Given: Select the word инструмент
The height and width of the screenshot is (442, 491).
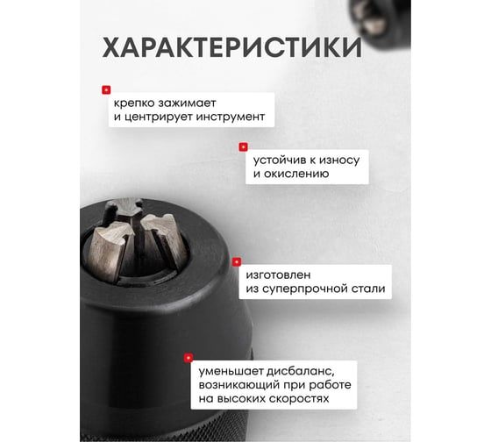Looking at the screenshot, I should (232, 117).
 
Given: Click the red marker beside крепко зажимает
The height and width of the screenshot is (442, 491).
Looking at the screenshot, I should (106, 89).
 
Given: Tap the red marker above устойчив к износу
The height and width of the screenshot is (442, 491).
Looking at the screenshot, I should (243, 146).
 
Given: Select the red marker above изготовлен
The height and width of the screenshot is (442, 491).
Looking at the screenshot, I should (236, 260).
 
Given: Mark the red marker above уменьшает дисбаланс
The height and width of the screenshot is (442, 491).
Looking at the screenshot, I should (189, 357).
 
